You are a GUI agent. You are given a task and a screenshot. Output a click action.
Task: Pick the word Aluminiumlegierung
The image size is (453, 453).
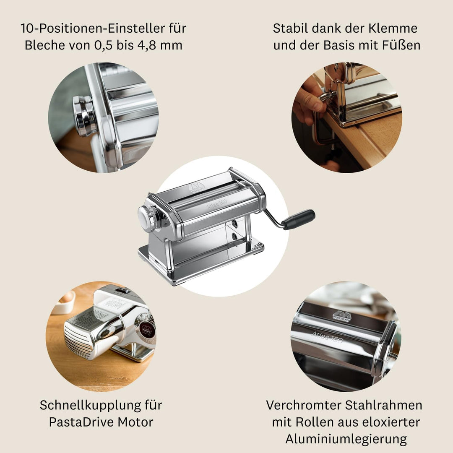click(346, 439)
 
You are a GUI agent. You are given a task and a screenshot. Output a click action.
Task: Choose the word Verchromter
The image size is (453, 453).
click(303, 405)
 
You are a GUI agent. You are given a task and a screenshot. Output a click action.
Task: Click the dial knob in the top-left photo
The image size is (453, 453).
click(84, 116)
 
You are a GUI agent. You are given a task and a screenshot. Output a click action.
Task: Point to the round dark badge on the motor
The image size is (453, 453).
click(147, 330)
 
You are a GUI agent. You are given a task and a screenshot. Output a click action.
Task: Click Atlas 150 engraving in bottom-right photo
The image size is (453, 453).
click(327, 336)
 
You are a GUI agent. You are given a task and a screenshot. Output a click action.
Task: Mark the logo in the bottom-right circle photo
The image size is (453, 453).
click(342, 316)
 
